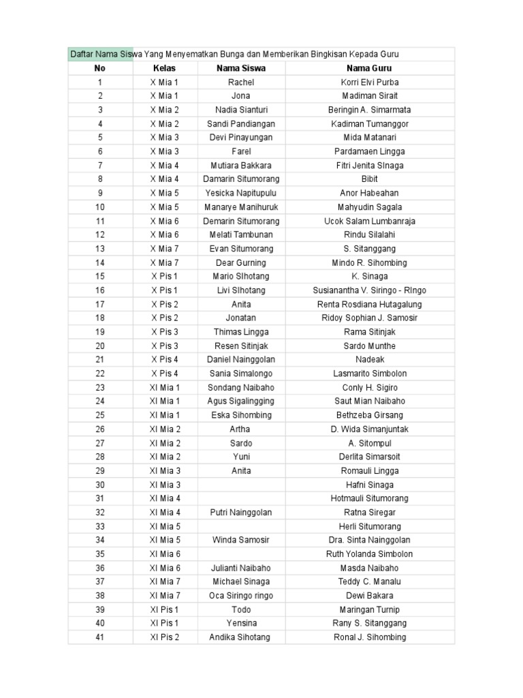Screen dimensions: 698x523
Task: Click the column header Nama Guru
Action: [x=369, y=68]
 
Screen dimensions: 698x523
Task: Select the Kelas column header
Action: [x=164, y=68]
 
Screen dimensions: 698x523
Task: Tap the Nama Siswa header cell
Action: [x=241, y=68]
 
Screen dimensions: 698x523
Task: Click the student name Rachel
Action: [x=241, y=82]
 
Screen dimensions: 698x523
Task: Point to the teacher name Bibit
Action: [x=369, y=179]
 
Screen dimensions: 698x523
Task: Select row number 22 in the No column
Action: [x=100, y=374]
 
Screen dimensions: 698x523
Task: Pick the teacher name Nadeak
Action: [x=369, y=360]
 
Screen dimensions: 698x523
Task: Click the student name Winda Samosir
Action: [x=241, y=541]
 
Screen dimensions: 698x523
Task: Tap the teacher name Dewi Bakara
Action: [x=369, y=596]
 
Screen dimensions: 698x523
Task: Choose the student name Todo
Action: [x=241, y=609]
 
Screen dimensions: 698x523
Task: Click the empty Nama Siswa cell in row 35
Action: [x=241, y=554]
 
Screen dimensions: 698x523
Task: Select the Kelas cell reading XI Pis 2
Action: [x=164, y=637]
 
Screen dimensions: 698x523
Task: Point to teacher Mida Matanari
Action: [x=369, y=138]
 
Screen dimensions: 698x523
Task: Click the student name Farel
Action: [x=241, y=151]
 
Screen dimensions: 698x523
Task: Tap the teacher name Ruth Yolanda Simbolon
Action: [x=369, y=554]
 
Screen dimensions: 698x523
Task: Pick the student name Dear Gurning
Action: [x=241, y=262]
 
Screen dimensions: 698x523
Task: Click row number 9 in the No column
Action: [x=100, y=193]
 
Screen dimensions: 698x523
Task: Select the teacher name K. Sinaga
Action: [x=369, y=277]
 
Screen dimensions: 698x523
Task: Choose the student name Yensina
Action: [x=241, y=624]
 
